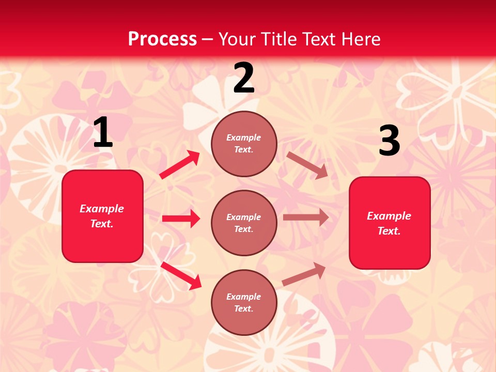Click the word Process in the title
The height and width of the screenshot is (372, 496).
(x=162, y=39)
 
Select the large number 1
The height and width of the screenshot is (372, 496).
(x=103, y=133)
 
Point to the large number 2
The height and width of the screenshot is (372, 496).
(x=244, y=78)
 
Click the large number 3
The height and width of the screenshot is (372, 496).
(x=389, y=141)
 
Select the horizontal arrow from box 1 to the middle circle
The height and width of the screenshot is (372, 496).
(x=181, y=219)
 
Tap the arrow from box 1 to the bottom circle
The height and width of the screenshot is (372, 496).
(x=181, y=275)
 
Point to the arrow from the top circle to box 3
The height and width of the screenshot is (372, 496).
(x=307, y=165)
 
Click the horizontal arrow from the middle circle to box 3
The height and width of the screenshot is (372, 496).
(x=306, y=218)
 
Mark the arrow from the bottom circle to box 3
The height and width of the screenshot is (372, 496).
(x=304, y=274)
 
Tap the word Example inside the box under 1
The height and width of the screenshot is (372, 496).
(x=102, y=209)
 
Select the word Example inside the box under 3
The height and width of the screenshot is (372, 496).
(x=389, y=216)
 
